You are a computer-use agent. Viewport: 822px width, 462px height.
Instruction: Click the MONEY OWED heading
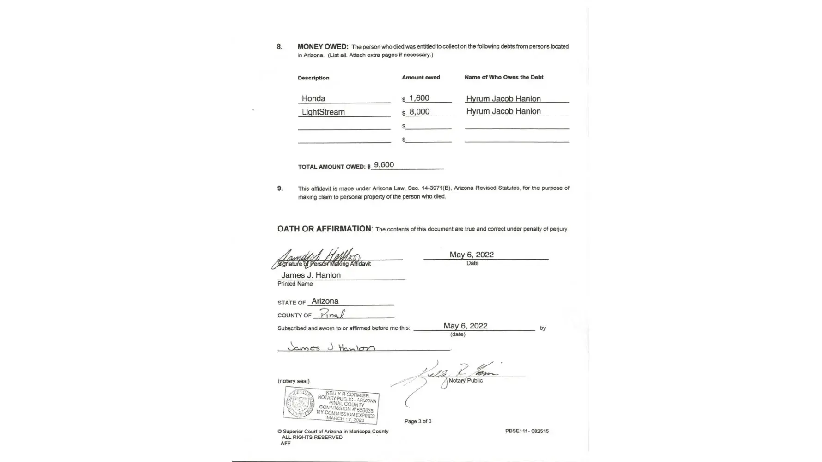coord(323,47)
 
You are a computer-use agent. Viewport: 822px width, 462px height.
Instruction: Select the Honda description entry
coord(313,98)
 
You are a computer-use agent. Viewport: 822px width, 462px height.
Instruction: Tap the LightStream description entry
coord(323,112)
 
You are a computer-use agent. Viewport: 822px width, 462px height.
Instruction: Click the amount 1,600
coord(419,98)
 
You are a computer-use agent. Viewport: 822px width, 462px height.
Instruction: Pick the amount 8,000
coord(419,112)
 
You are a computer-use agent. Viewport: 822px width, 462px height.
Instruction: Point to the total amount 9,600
coord(384,165)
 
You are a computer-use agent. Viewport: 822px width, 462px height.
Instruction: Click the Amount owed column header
coord(421,77)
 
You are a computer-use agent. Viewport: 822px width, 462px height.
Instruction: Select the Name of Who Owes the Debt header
coord(504,77)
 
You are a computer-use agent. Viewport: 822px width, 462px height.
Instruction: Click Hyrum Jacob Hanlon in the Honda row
coord(503,98)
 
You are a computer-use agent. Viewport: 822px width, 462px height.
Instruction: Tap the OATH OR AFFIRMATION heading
coord(324,229)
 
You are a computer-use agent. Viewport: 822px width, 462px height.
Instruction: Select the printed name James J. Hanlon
coord(311,275)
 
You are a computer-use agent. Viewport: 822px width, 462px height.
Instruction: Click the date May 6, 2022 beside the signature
coord(472,255)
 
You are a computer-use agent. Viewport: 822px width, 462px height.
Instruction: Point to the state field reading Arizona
coord(325,301)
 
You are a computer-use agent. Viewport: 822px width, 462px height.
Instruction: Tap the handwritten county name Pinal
coord(332,314)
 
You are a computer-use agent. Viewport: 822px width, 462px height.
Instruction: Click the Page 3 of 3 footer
coord(418,421)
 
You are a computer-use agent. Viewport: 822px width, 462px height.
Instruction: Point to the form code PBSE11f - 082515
coord(527,431)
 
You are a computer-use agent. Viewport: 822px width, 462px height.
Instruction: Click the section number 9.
coord(280,188)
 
